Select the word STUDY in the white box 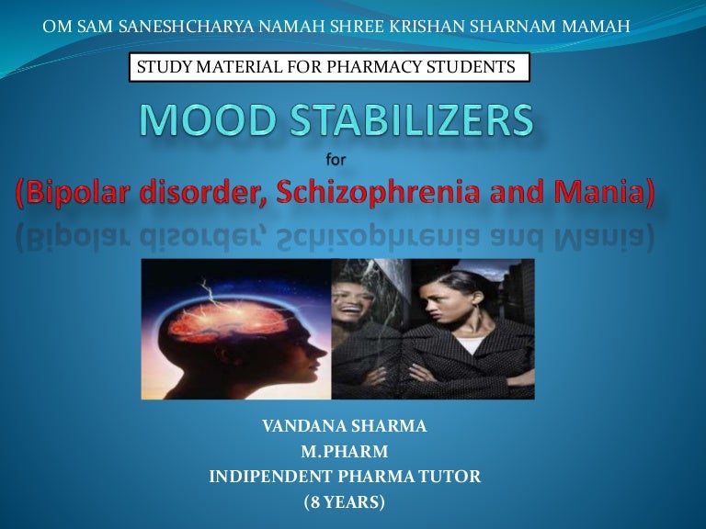tap(161, 67)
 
